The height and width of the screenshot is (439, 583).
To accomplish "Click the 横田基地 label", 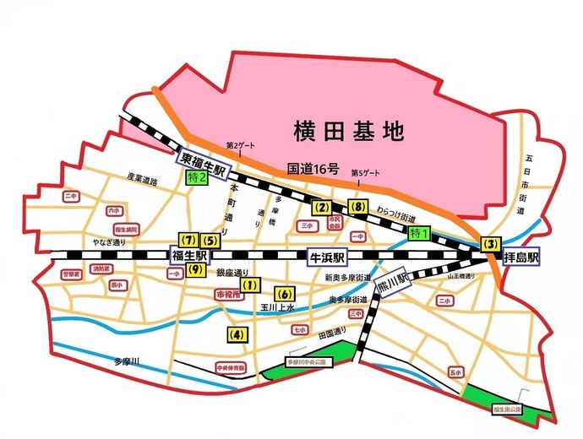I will (349, 131).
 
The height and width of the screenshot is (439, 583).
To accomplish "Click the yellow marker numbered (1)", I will (251, 286).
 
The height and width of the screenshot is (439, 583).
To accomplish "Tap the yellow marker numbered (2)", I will (320, 207).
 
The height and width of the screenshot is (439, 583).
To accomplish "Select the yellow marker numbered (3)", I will (489, 243).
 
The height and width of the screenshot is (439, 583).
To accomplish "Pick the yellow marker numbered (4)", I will (237, 334).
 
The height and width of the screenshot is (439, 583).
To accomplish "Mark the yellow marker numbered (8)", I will (357, 207).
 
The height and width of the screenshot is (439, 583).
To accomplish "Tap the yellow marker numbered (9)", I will (194, 270).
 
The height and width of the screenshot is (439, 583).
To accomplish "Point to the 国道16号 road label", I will (313, 169).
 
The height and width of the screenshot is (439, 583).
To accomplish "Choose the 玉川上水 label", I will (276, 308).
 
